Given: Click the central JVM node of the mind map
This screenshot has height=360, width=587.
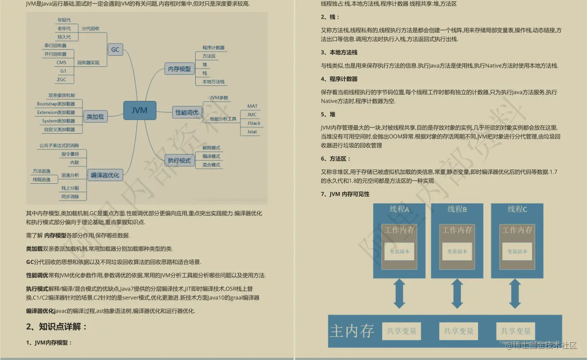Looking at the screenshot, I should point(139,111).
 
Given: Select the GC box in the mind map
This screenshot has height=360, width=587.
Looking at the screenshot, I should point(115,50).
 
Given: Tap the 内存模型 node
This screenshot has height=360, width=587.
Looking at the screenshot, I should point(180,69).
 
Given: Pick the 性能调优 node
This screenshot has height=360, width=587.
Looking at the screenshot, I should point(187,112).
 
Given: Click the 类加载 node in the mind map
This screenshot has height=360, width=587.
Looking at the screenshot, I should point(95,117).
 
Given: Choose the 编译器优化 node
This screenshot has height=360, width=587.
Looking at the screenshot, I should point(105,175).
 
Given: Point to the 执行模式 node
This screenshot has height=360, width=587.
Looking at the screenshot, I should point(179,160).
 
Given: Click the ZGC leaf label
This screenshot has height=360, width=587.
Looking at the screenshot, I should point(61,79).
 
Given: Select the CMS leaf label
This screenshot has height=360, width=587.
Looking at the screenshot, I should point(61,62).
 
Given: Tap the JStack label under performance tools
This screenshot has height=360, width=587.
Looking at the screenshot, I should point(254,123).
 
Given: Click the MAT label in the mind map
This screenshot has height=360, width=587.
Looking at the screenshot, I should point(252,106).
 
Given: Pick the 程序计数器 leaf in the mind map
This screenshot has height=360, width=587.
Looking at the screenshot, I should point(213,48).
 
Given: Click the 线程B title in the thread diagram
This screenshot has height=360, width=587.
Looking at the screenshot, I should point(457,209).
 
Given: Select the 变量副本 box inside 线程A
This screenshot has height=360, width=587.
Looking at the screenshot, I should point(399,252).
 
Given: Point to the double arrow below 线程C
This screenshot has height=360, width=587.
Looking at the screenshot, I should point(514,293).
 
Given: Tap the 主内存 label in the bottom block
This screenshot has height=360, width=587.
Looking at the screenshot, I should point(352,331).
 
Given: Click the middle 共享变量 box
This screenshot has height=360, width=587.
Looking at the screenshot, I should point(459,331).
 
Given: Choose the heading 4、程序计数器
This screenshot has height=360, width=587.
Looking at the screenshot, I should point(339,79).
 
